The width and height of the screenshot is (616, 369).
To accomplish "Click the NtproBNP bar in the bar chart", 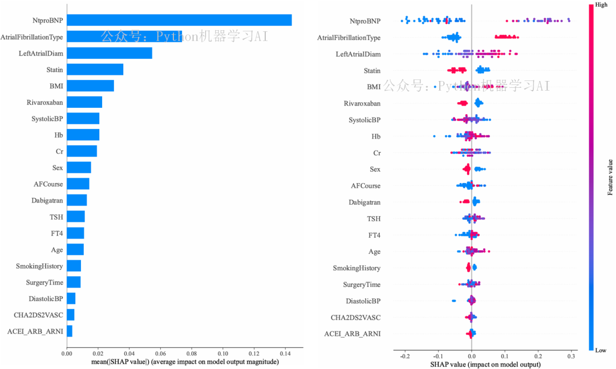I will tap(179, 21).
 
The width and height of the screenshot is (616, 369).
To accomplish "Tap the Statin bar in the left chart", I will tap(95, 70).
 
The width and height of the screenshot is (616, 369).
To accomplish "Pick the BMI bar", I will tap(90, 86).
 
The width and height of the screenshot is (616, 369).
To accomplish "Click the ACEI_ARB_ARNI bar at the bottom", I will tap(70, 331).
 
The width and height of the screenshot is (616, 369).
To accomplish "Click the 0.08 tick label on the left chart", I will tap(191, 354).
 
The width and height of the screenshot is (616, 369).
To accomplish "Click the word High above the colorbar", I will tap(601, 5).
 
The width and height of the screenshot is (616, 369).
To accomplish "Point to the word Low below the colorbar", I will tap(601, 350).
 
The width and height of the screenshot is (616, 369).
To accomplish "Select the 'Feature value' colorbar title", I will tap(610, 177).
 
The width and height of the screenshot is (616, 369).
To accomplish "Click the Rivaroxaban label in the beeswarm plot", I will tap(362, 104).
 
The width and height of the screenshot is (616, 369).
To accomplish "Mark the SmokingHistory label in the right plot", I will tap(356, 268).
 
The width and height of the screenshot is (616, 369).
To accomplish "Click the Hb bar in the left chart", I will tap(83, 135).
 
